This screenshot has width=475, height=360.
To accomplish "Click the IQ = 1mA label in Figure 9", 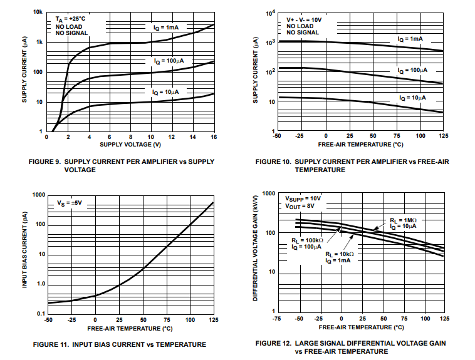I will [166, 28].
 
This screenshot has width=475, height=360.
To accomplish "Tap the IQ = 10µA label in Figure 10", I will [412, 98].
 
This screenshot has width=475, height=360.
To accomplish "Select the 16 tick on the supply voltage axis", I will [214, 137].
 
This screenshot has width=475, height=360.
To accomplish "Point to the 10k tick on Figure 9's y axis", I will [38, 13].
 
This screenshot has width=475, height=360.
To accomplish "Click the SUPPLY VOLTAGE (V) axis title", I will [130, 145].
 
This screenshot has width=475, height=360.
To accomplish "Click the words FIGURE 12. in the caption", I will [276, 343].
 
